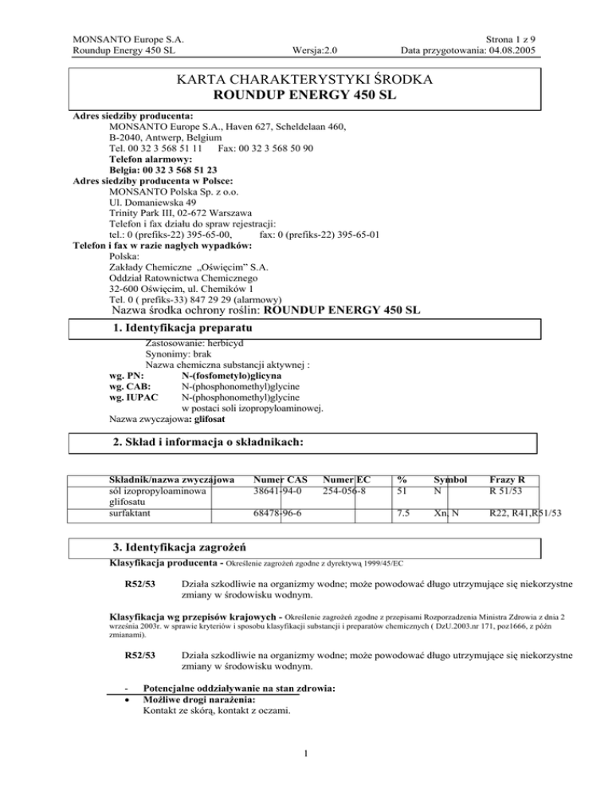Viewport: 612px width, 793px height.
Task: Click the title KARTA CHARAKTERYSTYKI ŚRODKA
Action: [x=307, y=81]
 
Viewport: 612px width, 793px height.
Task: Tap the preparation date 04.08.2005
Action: [x=505, y=52]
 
